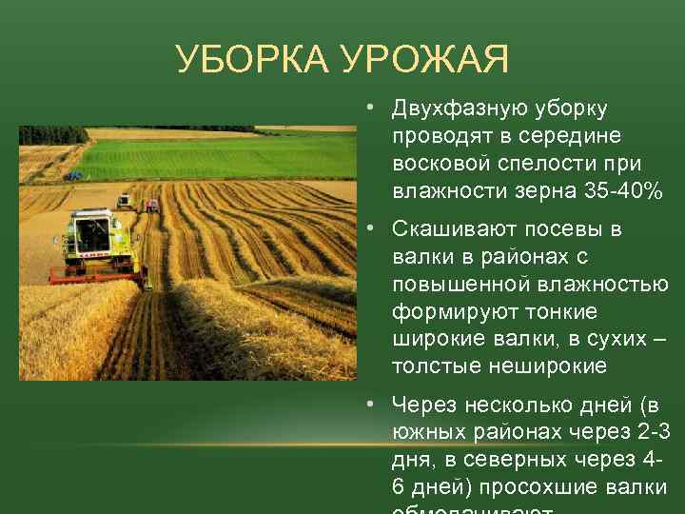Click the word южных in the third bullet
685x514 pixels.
[x=423, y=433]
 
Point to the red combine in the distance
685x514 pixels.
[x=151, y=205]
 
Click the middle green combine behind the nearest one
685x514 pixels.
[x=123, y=200]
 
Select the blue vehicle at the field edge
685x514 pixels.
[x=73, y=175]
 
